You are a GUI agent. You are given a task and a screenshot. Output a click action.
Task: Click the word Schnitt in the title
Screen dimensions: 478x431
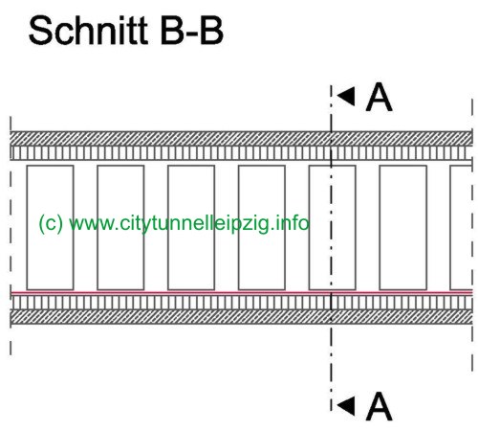click(x=88, y=31)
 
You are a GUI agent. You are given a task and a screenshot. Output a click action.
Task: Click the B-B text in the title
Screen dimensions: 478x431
click(x=192, y=31)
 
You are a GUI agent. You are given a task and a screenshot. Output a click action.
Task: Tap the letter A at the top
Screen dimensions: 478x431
click(x=379, y=98)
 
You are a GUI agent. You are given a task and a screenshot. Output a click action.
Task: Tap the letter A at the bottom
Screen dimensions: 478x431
click(x=379, y=406)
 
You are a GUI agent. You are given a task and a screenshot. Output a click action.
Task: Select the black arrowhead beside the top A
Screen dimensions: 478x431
click(x=347, y=96)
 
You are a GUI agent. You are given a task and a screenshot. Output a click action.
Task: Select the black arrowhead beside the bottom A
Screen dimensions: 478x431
click(x=347, y=406)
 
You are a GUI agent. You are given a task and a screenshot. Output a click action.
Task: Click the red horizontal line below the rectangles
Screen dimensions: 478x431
click(x=242, y=292)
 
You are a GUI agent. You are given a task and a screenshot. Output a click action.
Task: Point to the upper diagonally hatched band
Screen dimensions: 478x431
click(x=241, y=138)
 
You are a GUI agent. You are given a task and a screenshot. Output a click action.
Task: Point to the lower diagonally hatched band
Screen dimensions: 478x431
click(x=241, y=317)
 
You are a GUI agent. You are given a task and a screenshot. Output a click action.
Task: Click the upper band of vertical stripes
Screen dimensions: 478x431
click(x=241, y=153)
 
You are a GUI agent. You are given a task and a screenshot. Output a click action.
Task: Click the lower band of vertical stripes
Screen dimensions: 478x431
click(x=241, y=303)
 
